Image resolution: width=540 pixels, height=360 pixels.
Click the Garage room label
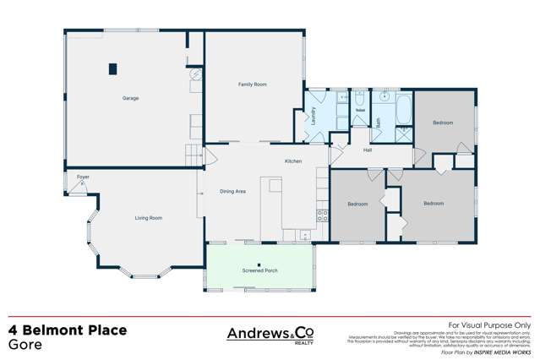tap(130, 98)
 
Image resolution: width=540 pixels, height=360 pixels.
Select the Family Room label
tap(252, 84)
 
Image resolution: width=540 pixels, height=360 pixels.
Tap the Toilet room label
tap(360, 111)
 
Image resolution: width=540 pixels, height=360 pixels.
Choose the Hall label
tap(368, 150)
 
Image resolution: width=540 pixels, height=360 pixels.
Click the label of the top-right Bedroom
tap(443, 123)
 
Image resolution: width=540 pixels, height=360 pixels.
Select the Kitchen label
tap(292, 161)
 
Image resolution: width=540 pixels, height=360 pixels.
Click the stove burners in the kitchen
tap(321, 215)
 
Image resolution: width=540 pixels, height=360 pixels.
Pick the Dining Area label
tap(232, 192)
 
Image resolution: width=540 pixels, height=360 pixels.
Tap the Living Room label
tap(148, 218)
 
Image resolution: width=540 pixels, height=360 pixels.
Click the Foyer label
tap(83, 177)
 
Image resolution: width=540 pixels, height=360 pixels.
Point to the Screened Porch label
tap(259, 270)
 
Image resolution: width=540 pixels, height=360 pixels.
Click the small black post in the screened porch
tap(259, 265)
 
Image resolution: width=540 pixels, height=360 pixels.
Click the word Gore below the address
tap(25, 346)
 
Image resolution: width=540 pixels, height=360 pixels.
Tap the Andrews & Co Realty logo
tap(268, 335)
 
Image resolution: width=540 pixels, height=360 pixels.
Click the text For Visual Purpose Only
tap(488, 325)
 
